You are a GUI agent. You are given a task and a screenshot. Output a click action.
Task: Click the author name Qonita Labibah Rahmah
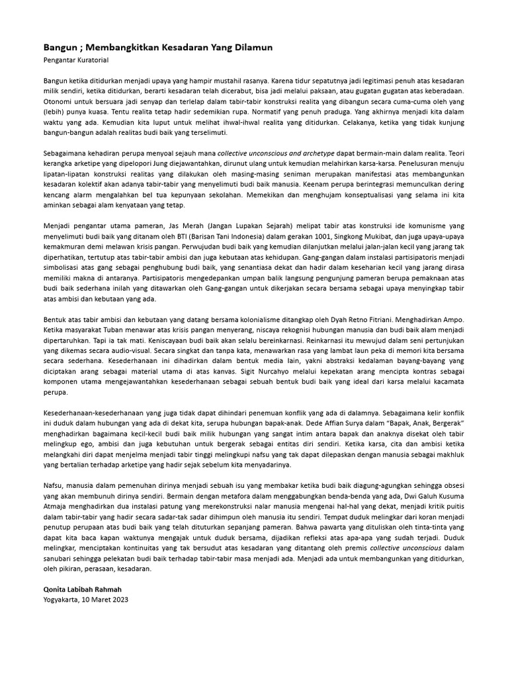click(x=83, y=590)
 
